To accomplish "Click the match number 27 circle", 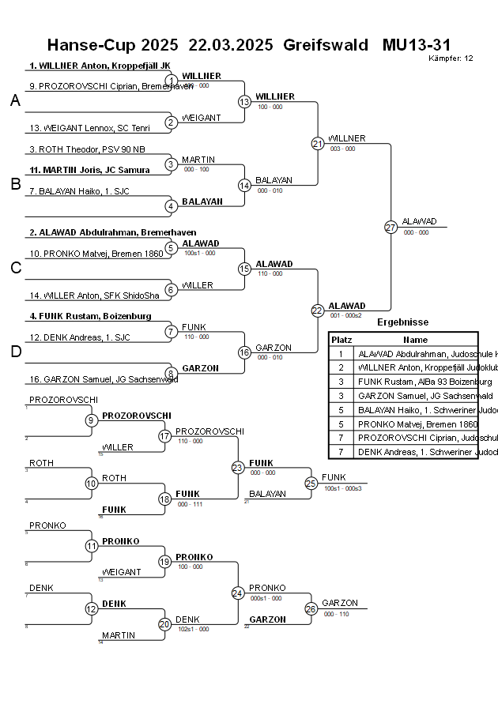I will pos(390,228).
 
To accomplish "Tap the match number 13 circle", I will pos(244,102).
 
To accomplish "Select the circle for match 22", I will pos(317,311).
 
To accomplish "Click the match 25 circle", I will pos(311,483).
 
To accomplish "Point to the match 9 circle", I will pos(92,420).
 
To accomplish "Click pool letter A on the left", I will pos(14,100).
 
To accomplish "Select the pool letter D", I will pos(14,352).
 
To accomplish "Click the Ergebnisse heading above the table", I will pos(402,322).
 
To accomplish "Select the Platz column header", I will pos(341,339).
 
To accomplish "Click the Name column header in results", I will pos(415,339).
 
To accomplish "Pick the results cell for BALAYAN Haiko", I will pos(417,410).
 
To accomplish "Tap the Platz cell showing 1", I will pos(341,354).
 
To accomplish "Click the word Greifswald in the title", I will pos(325,45).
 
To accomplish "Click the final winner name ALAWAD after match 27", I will pos(419,221).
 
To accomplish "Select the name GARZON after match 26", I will pos(340,603).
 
